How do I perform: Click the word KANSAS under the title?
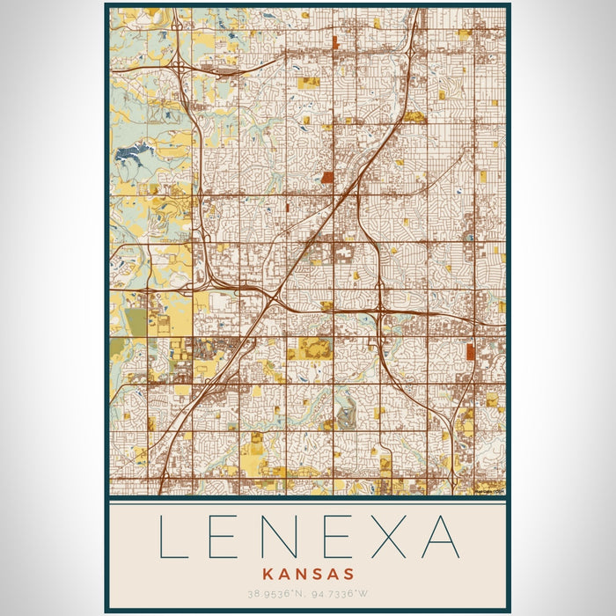click(x=307, y=573)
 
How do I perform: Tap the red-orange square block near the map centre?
click(x=328, y=177)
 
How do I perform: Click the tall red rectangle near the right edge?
click(x=471, y=352)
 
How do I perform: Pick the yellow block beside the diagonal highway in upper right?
click(x=414, y=117)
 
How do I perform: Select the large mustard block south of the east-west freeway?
click(x=314, y=348)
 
